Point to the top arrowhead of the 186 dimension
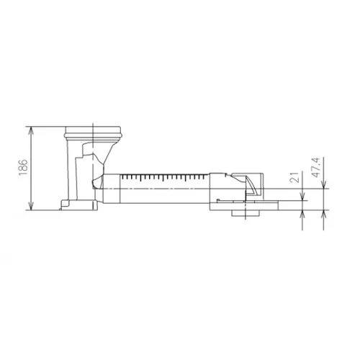(30, 129)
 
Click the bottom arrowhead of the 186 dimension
(30, 208)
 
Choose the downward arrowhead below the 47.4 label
(324, 186)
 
